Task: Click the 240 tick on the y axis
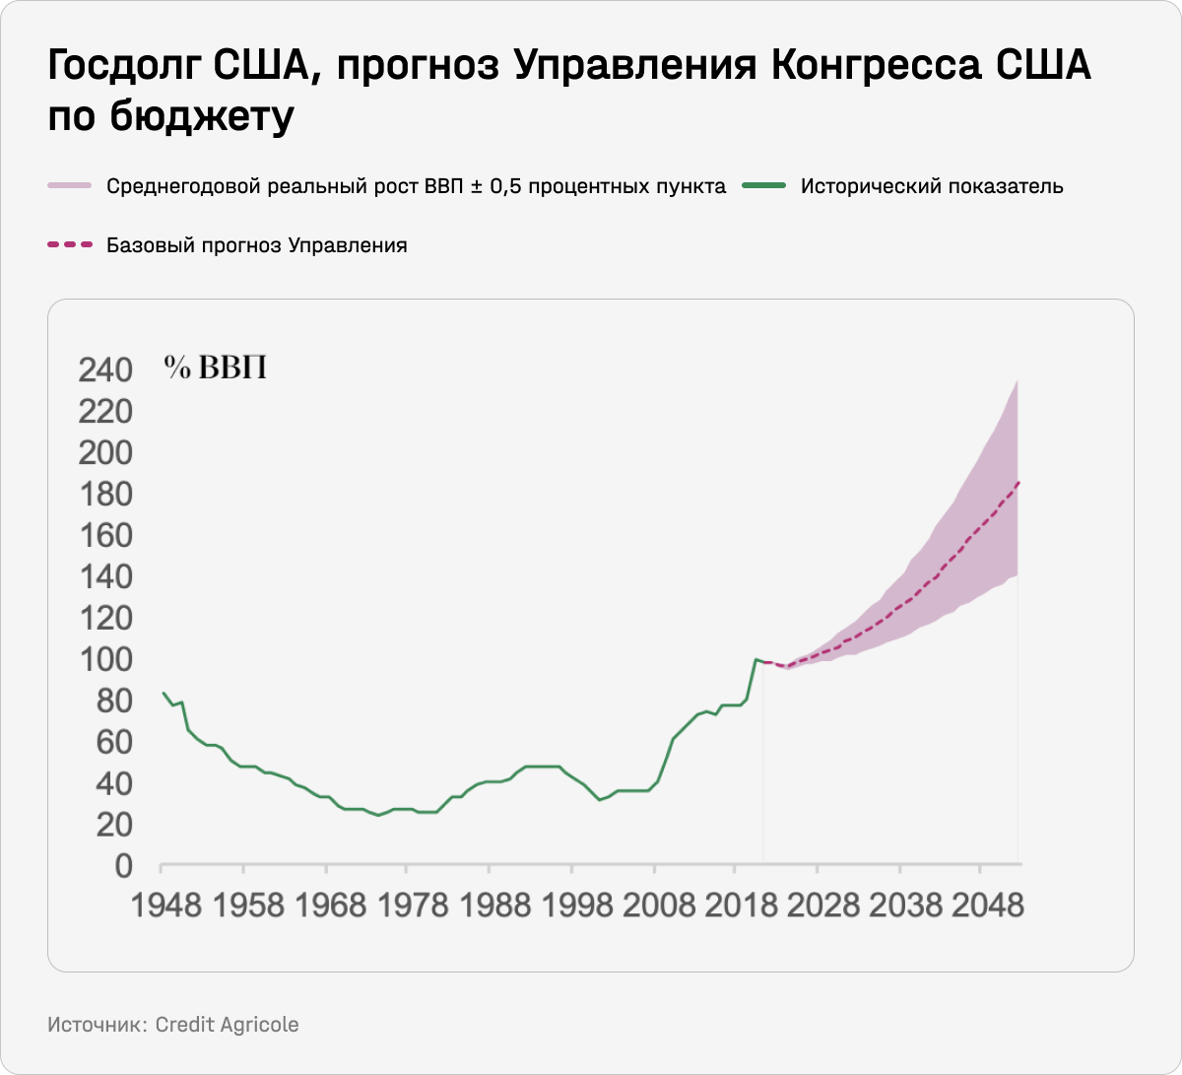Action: (103, 370)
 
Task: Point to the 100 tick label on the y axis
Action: (103, 658)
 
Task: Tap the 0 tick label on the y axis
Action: (122, 866)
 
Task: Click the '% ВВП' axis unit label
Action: (216, 368)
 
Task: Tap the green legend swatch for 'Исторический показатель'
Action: (764, 186)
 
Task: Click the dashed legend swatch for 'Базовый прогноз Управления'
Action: (69, 245)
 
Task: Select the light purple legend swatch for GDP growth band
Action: (69, 186)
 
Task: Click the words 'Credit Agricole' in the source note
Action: (227, 1025)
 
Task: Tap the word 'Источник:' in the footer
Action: (97, 1025)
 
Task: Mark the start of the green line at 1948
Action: (163, 693)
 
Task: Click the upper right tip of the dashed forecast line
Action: (1018, 481)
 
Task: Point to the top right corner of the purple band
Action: (1018, 380)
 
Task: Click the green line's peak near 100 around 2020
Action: (755, 659)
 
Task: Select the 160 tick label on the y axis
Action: (103, 535)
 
